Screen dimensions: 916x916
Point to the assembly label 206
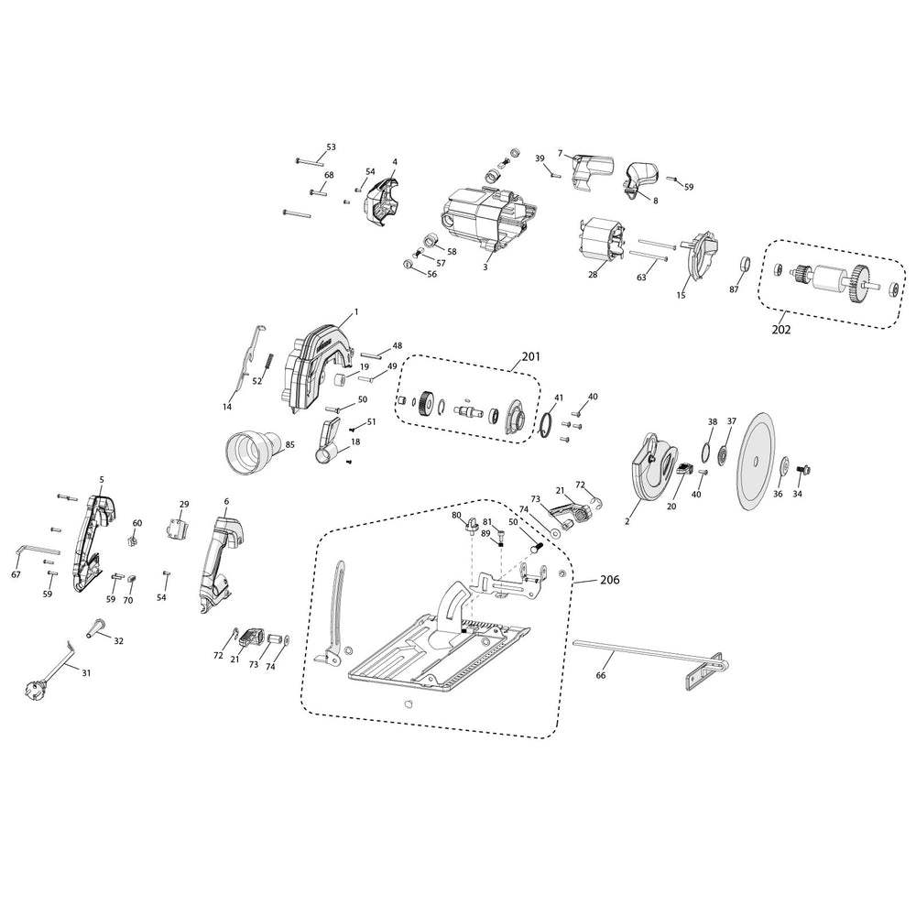[x=610, y=580]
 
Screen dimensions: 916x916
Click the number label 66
[x=601, y=675]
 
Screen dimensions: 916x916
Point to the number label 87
[x=734, y=289]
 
